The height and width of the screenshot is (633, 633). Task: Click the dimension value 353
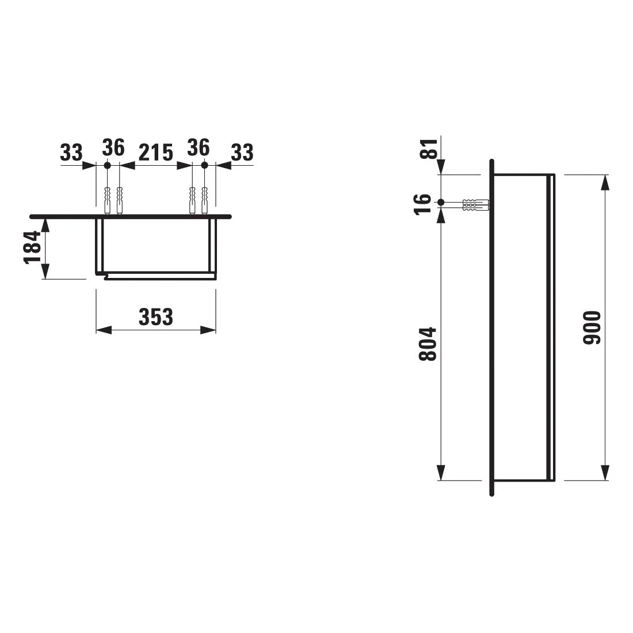(x=155, y=316)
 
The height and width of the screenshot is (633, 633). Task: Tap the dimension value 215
(x=155, y=152)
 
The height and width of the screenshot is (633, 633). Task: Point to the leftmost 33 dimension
(x=71, y=152)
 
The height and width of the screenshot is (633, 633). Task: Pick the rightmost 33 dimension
(x=242, y=152)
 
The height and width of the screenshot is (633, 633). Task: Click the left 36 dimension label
(x=113, y=148)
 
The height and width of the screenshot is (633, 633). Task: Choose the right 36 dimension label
(x=199, y=148)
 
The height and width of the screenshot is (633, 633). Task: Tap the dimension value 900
(x=591, y=328)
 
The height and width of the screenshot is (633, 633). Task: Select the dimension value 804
(x=428, y=344)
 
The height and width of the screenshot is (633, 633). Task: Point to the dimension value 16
(x=423, y=203)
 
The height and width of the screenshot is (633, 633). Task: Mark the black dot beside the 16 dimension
(x=441, y=203)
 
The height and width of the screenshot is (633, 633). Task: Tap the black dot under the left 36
(x=107, y=165)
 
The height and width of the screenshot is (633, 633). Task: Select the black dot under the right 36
(x=204, y=165)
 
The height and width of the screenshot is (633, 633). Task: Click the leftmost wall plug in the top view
(x=107, y=199)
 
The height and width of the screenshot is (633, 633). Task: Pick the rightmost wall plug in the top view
(x=204, y=199)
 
